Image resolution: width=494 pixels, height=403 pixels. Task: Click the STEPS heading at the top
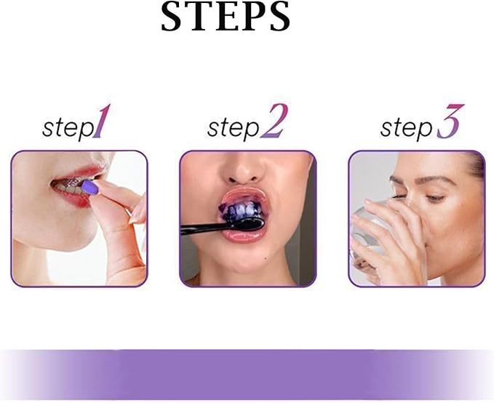click(226, 17)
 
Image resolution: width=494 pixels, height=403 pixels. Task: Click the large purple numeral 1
click(103, 123)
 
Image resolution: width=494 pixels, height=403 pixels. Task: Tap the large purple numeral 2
click(274, 121)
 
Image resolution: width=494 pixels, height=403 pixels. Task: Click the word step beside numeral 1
click(68, 128)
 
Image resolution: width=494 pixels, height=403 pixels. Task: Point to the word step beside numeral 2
click(233, 128)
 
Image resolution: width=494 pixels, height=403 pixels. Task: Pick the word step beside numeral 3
click(406, 128)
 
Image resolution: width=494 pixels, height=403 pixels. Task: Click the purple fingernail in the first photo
click(89, 188)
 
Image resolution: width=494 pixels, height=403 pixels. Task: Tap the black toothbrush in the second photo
click(211, 229)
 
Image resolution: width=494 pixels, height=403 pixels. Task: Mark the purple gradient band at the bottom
click(247, 374)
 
